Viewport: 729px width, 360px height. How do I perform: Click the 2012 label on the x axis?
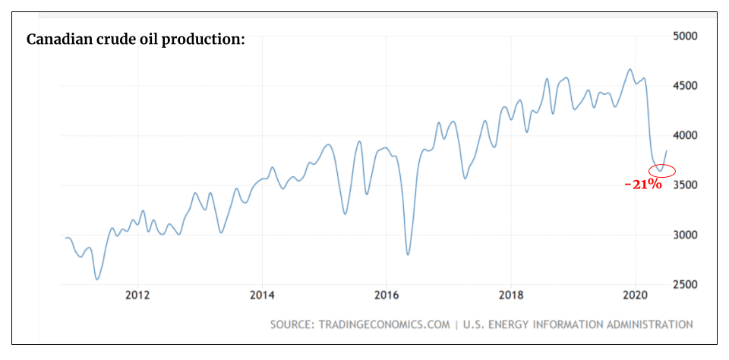coord(137,295)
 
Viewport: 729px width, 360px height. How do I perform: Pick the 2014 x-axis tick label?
coord(262,295)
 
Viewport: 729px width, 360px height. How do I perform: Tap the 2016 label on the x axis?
coord(387,295)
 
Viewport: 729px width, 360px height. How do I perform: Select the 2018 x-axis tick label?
coord(511,295)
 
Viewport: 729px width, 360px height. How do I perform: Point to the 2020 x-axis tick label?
coord(636,295)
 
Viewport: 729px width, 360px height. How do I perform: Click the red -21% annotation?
coord(643,185)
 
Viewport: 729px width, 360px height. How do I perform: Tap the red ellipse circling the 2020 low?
coord(661,170)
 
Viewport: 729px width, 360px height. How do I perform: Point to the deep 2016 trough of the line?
coord(409,254)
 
